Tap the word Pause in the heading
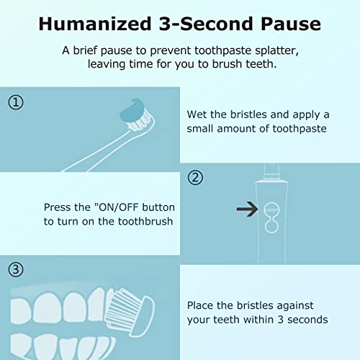[287, 23]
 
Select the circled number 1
[16, 102]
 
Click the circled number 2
[195, 177]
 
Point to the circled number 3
[16, 271]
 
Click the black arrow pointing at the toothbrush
[248, 210]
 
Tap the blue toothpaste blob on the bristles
[133, 110]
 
